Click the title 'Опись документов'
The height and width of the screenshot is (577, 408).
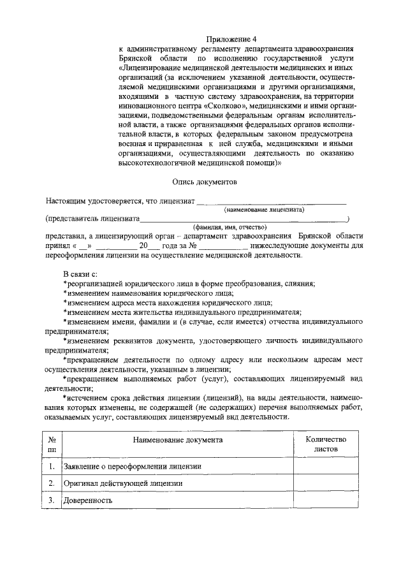pyautogui.click(x=206, y=182)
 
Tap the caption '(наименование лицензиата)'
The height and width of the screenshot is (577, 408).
pyautogui.click(x=264, y=209)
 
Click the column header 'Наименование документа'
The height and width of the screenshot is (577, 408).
pyautogui.click(x=178, y=440)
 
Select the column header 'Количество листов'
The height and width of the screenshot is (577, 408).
pyautogui.click(x=326, y=444)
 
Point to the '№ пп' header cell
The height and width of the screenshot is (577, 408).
pyautogui.click(x=51, y=444)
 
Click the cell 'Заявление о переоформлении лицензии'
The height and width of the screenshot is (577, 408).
pyautogui.click(x=133, y=467)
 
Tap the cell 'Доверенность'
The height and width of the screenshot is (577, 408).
pyautogui.click(x=88, y=500)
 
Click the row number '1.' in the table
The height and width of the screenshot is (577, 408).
pyautogui.click(x=51, y=467)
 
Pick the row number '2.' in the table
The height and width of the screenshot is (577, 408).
pyautogui.click(x=51, y=483)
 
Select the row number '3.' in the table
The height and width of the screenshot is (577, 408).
pyautogui.click(x=51, y=500)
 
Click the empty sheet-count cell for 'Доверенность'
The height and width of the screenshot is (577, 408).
pyautogui.click(x=326, y=500)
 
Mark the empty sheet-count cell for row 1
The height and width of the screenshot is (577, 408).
pyautogui.click(x=326, y=467)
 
